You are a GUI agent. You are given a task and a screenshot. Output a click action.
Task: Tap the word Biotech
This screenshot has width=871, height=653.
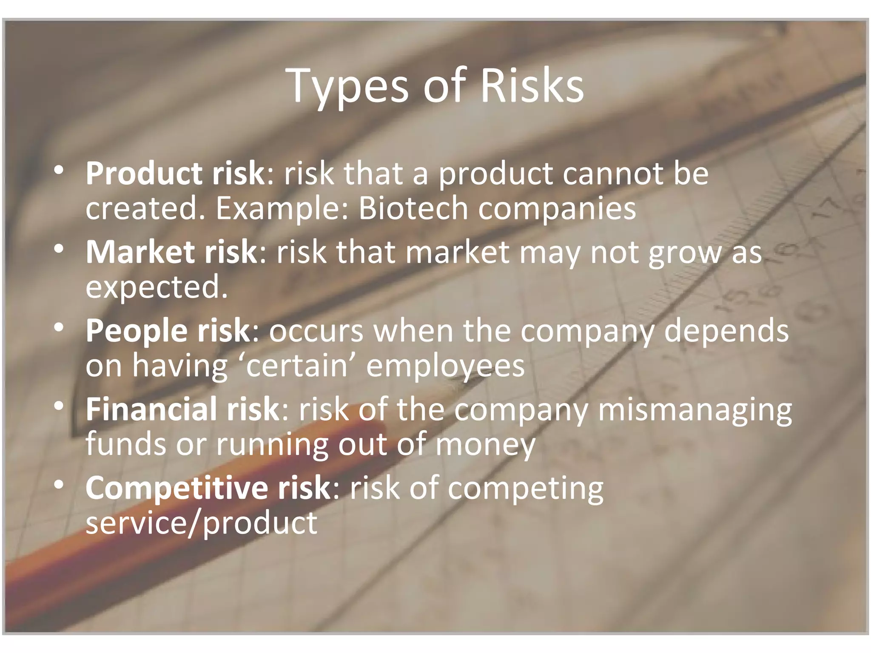413,208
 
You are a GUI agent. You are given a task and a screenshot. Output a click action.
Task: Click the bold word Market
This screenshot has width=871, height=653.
140,253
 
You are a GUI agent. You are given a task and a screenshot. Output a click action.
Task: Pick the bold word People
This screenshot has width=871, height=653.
136,331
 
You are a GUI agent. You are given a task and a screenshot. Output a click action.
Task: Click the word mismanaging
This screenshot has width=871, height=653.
695,410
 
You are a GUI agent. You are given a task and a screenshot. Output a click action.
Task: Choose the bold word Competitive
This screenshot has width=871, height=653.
176,488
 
